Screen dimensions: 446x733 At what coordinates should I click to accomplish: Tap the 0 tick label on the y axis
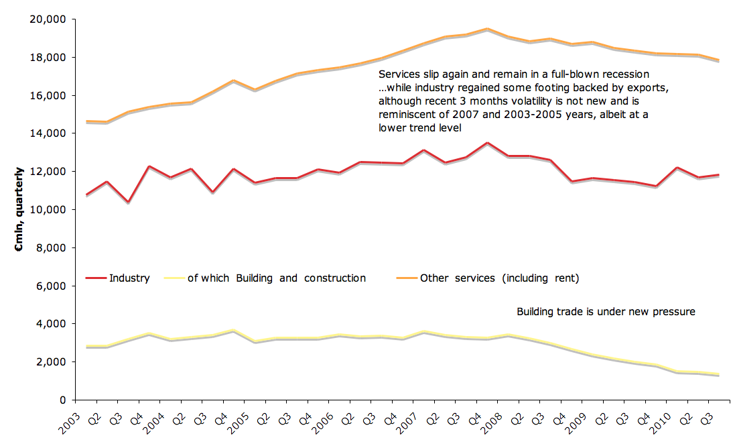(x=60, y=400)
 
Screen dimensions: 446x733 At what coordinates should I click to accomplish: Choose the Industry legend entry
(x=129, y=278)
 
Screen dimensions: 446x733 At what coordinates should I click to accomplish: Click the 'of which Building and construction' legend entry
(x=276, y=278)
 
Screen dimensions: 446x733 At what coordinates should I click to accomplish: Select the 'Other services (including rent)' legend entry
(x=499, y=278)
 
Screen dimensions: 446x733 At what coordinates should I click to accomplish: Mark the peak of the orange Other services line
(x=487, y=29)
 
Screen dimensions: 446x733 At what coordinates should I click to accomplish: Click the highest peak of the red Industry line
(x=487, y=143)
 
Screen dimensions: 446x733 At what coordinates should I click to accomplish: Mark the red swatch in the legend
(x=96, y=278)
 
